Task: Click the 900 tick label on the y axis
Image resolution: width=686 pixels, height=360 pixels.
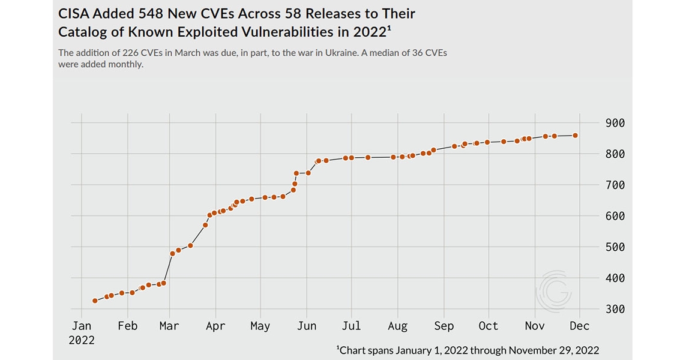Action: click(x=615, y=123)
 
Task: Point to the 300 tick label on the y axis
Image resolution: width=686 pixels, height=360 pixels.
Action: click(x=615, y=309)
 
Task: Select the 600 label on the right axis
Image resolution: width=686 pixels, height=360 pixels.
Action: click(x=615, y=216)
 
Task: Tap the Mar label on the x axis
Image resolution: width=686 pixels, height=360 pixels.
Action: click(x=169, y=326)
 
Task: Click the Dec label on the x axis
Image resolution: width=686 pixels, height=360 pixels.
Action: click(x=579, y=326)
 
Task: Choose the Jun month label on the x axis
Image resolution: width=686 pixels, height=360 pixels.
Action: click(x=306, y=326)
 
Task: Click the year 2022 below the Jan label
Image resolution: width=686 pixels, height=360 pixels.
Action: click(x=82, y=340)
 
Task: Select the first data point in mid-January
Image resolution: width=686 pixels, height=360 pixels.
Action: click(x=95, y=301)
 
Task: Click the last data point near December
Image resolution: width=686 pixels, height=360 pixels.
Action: click(x=576, y=136)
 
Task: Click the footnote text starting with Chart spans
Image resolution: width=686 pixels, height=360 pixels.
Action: click(x=469, y=350)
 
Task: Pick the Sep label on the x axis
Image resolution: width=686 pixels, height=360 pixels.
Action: click(x=444, y=326)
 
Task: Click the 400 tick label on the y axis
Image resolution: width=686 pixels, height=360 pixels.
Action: click(x=615, y=278)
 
